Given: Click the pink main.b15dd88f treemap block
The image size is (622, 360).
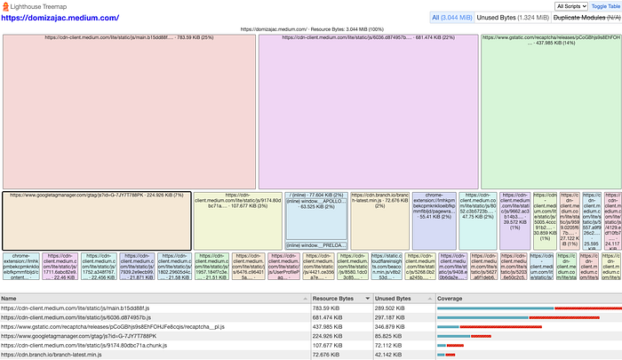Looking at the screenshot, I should click(128, 116).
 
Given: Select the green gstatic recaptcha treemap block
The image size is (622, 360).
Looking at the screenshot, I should click(550, 116).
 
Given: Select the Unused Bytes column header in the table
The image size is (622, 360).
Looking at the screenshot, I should click(392, 298).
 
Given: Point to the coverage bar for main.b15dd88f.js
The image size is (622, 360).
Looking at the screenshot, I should click(524, 308).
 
